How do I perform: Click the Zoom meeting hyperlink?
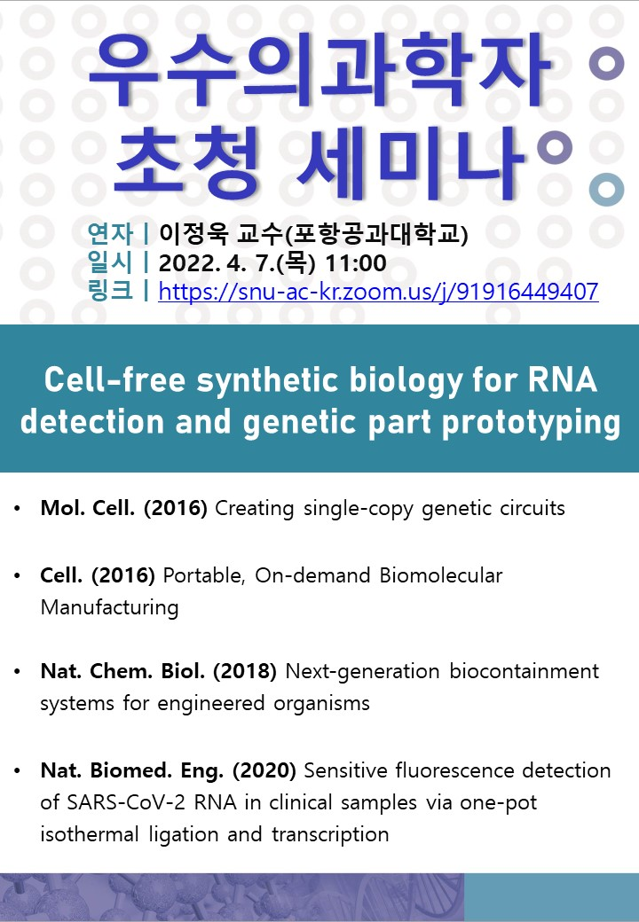pyautogui.click(x=378, y=292)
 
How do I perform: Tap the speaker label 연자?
pyautogui.click(x=110, y=234)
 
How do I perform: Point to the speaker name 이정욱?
pyautogui.click(x=193, y=234)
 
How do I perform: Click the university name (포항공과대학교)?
pyautogui.click(x=376, y=234)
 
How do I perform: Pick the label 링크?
pyautogui.click(x=110, y=291)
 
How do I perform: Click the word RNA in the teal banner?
pyautogui.click(x=563, y=379)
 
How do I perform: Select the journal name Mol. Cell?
pyautogui.click(x=88, y=508)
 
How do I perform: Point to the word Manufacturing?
pyautogui.click(x=109, y=607)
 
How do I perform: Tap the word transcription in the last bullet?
pyautogui.click(x=330, y=834)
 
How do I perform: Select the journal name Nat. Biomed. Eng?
pyautogui.click(x=132, y=770)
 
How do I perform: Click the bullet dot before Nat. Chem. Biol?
pyautogui.click(x=18, y=671)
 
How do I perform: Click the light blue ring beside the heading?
pyautogui.click(x=607, y=190)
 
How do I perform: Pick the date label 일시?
pyautogui.click(x=110, y=262)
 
